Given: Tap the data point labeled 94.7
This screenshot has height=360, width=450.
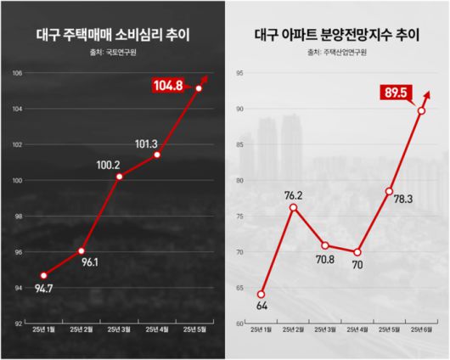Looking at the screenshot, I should [x=42, y=275].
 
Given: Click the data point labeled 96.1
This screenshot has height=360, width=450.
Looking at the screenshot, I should [x=81, y=250].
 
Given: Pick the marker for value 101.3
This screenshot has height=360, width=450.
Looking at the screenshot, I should [x=159, y=155].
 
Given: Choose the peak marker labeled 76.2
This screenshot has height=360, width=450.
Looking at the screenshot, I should [x=293, y=207].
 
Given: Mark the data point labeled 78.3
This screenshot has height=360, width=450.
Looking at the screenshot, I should [x=389, y=191].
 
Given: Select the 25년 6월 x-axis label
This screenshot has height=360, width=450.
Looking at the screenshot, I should [x=422, y=330].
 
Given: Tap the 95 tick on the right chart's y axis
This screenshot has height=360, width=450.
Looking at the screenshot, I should [x=240, y=73].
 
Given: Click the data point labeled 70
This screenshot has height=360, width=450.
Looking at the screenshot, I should [x=357, y=252].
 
